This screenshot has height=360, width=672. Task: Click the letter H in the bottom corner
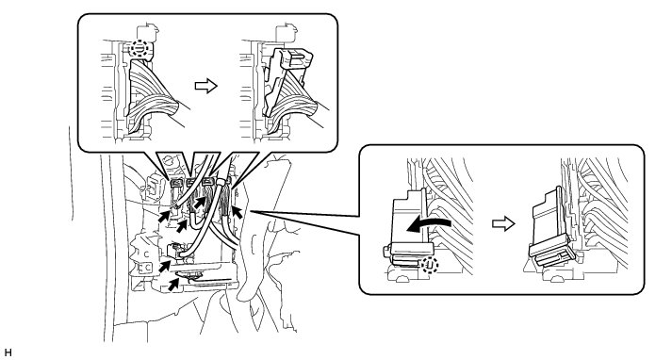point(8,352)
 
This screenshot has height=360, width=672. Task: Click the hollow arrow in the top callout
point(206,86)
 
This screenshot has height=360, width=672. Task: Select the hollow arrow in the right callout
point(503,223)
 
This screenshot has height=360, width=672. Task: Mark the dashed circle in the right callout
point(430,266)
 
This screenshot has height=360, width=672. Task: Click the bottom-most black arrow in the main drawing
point(173,285)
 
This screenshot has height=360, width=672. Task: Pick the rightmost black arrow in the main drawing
point(237,212)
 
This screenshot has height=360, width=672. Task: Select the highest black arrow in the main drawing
point(200,202)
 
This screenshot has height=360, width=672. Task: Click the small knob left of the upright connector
point(386,252)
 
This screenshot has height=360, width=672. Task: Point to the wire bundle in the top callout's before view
point(152,96)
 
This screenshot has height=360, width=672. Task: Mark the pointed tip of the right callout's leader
point(250,211)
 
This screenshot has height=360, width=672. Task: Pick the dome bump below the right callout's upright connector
point(402,279)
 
